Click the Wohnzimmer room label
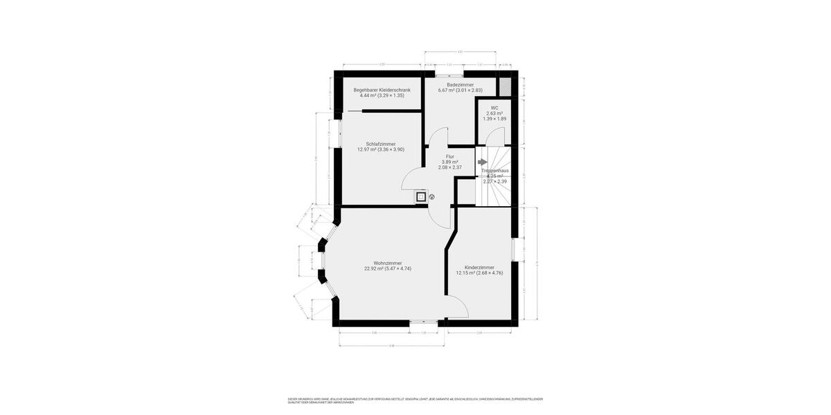(x=387, y=263)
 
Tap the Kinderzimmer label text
(x=479, y=267)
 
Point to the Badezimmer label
(x=460, y=84)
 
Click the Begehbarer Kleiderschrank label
(x=382, y=90)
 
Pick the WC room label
(x=494, y=108)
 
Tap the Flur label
(x=449, y=157)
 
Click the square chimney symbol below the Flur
(x=420, y=197)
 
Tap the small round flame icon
(x=431, y=197)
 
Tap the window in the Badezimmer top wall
(x=454, y=73)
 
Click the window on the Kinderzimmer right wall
(x=513, y=250)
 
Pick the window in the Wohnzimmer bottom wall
(x=422, y=322)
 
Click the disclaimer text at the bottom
(x=415, y=400)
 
